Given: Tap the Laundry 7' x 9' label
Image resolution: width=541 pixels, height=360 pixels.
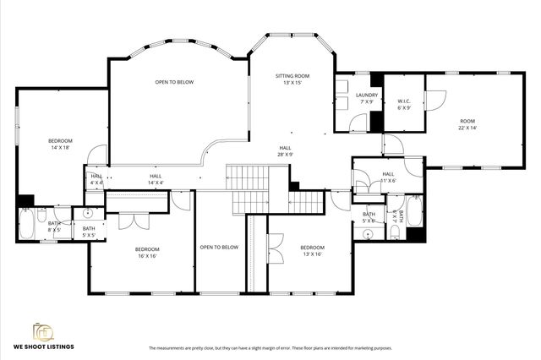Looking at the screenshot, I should click(x=366, y=99).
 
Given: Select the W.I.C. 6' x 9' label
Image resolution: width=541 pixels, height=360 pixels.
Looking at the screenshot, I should click(x=404, y=104).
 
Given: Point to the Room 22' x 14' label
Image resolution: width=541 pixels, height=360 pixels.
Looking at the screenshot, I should click(x=467, y=124).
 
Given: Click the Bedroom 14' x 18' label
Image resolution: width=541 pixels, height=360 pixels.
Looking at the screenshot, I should click(x=60, y=144).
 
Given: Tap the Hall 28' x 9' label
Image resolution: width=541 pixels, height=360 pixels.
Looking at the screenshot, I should click(x=286, y=151).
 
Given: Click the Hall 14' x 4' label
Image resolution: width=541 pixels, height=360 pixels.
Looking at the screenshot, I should click(x=156, y=179).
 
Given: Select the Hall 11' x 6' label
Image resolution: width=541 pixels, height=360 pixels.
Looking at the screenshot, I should click(x=388, y=177).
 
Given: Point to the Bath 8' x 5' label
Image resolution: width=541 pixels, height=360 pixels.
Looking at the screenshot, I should click(x=54, y=226).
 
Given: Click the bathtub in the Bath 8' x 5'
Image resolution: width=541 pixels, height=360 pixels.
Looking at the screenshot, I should click(x=26, y=224).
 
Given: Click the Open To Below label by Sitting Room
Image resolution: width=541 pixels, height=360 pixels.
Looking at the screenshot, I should click(x=174, y=82).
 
